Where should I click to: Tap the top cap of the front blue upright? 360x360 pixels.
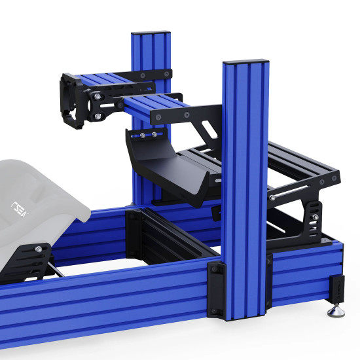(x=246, y=62)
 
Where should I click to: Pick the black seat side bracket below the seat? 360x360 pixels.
(x=29, y=262)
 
